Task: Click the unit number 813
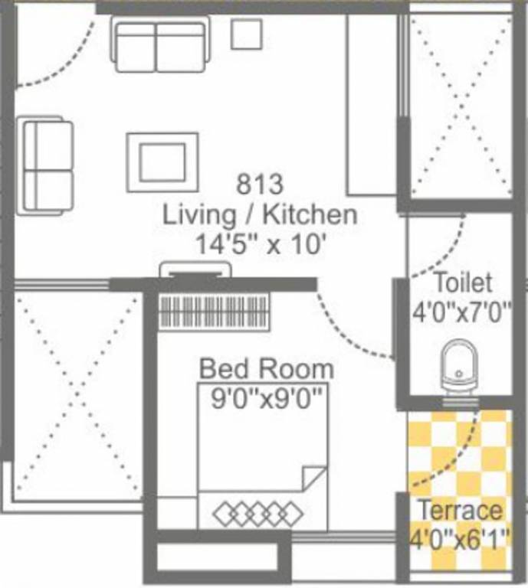tap(260, 185)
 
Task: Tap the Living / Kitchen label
tap(260, 214)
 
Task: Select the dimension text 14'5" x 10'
tap(260, 244)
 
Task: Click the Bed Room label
tap(266, 369)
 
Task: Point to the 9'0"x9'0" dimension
tap(266, 397)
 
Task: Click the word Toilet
tap(462, 283)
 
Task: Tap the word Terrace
tap(460, 510)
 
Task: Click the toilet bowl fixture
tap(458, 367)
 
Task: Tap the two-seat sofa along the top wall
tap(161, 44)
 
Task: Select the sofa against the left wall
tap(46, 165)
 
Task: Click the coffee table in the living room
tap(162, 162)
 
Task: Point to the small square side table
tap(247, 33)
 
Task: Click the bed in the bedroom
tap(263, 467)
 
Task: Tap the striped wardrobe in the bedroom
tap(214, 312)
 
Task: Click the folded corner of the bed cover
tap(316, 479)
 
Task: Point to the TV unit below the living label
tap(195, 269)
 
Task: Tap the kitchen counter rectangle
tap(372, 105)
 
